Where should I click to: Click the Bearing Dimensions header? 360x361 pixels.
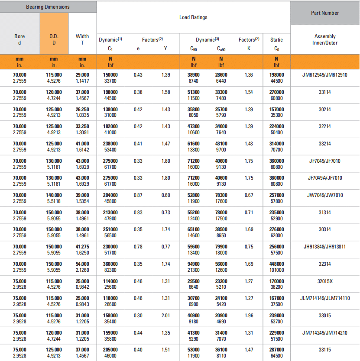[48, 7]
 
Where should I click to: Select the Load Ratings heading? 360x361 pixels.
[193, 17]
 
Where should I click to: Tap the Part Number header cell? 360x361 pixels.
[324, 13]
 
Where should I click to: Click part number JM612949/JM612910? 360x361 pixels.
[324, 75]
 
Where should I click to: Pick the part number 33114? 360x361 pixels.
[324, 92]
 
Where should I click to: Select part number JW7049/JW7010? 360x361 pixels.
[324, 195]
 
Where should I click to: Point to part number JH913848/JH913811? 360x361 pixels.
[324, 247]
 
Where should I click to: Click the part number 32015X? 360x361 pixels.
[324, 281]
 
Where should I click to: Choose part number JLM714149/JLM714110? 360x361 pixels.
[324, 298]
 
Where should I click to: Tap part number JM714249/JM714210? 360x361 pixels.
[324, 332]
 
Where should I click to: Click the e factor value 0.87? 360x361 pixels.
[138, 195]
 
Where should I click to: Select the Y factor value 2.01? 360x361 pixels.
[165, 316]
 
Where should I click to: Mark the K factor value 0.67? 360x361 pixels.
[249, 195]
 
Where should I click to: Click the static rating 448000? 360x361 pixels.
[276, 264]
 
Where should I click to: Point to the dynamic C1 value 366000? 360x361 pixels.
[110, 264]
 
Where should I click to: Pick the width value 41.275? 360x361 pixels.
[82, 247]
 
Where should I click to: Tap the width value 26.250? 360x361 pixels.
[82, 110]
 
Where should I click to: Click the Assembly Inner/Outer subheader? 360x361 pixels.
[324, 39]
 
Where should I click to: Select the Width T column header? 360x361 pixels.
[82, 39]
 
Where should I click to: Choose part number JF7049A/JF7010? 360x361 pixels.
[324, 178]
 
